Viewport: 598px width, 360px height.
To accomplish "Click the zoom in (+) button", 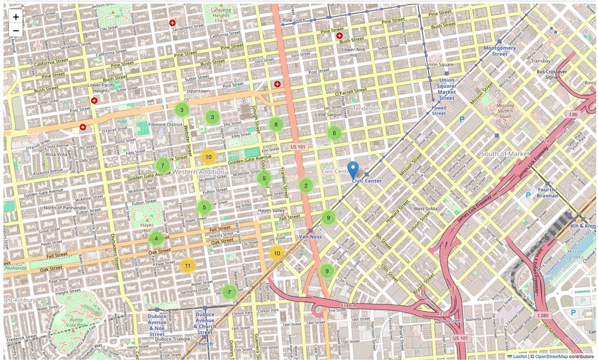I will [x=16, y=17].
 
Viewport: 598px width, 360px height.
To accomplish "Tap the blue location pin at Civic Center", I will [x=353, y=170].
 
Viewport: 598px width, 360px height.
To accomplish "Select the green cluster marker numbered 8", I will [x=276, y=124].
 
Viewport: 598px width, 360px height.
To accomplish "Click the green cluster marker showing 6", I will [x=334, y=133].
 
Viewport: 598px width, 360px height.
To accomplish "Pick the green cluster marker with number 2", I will [x=305, y=186].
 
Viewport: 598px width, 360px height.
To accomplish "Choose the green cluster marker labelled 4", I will [x=156, y=238].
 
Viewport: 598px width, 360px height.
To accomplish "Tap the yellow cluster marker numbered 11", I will [x=187, y=265].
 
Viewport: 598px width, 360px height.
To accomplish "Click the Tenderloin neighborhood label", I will [x=366, y=108].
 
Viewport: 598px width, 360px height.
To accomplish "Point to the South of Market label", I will [x=505, y=154].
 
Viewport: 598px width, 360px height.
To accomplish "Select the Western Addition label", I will [x=198, y=172].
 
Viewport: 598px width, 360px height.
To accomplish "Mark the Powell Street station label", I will [x=439, y=110].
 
